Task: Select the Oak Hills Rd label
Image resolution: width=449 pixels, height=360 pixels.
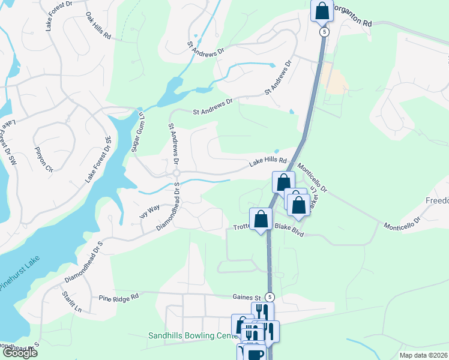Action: (98, 26)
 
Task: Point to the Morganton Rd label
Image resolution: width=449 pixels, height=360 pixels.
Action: (352, 22)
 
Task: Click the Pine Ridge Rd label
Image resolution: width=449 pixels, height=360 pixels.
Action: (119, 296)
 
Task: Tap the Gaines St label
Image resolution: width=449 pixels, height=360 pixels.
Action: (247, 297)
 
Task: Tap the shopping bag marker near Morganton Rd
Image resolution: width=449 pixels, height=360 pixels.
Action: (322, 10)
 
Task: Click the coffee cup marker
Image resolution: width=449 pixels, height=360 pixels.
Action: (254, 353)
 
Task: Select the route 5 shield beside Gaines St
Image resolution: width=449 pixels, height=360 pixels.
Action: (270, 296)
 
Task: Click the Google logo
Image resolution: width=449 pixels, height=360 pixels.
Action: (19, 353)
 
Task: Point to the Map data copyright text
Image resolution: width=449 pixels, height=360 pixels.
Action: (415, 355)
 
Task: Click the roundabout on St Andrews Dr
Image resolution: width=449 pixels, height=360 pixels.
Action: (176, 173)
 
